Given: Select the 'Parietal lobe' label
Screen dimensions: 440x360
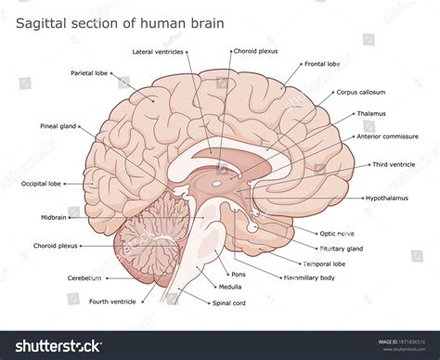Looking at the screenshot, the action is coord(89,72).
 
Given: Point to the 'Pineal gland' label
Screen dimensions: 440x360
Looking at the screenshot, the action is coord(58,125).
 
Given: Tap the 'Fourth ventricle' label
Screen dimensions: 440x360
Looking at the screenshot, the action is coord(112,302).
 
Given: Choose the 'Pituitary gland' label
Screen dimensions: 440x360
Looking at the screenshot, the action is coord(342,249).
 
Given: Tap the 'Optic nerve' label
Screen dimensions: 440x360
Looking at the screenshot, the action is coord(338,234).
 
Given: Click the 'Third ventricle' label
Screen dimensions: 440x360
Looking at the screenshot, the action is coord(395,164).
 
